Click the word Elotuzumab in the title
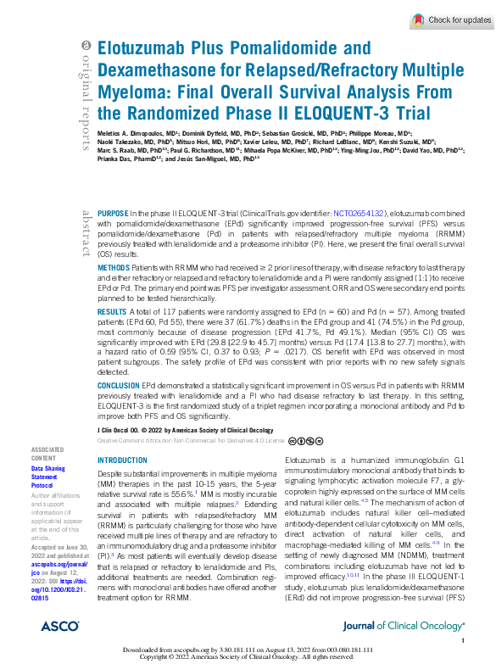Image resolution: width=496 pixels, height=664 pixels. click(x=140, y=49)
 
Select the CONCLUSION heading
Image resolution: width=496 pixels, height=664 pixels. click(x=119, y=384)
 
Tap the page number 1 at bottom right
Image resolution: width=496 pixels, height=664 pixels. click(x=464, y=642)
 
